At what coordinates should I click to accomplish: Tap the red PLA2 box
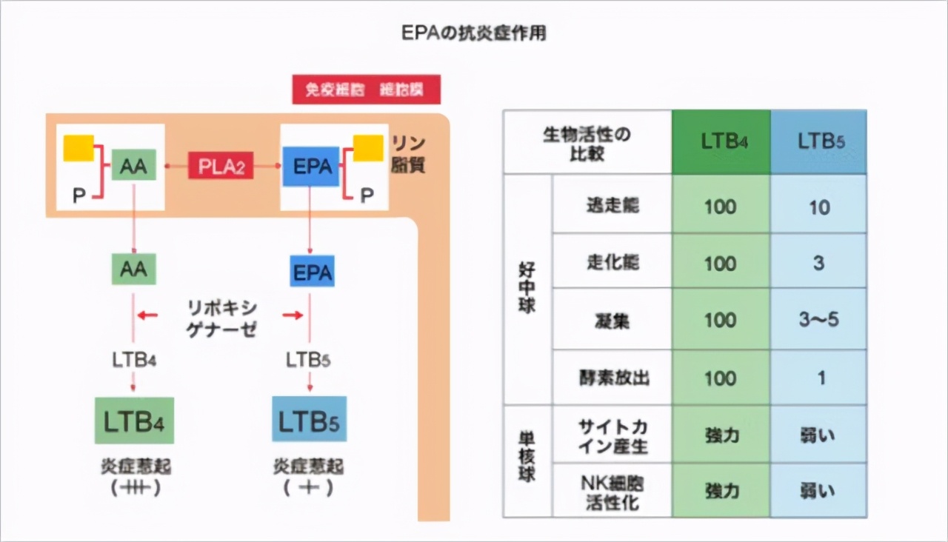[220, 167]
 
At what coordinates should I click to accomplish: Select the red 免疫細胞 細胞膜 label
[366, 90]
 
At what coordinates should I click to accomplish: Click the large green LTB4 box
[134, 421]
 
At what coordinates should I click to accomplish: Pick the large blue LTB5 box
[309, 421]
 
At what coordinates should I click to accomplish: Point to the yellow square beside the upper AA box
[79, 147]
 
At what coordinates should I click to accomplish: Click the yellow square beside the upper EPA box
[368, 147]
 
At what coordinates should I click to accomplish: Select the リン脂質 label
[408, 154]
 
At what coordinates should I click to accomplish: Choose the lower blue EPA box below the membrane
[312, 272]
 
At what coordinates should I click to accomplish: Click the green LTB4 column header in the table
[721, 142]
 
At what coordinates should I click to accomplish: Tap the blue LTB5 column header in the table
[818, 142]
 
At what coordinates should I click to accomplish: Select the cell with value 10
[818, 207]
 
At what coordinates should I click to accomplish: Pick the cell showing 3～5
[818, 321]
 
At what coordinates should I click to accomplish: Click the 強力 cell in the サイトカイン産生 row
[721, 435]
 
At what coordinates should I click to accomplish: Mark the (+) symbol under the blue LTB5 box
[308, 488]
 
